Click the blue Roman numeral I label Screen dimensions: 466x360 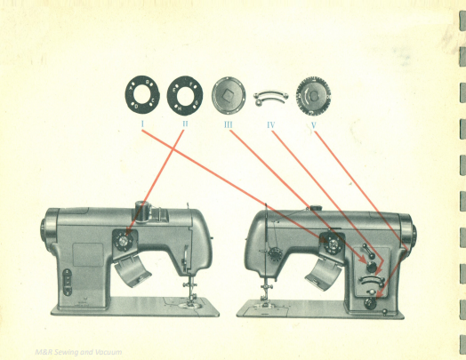pyautogui.click(x=142, y=124)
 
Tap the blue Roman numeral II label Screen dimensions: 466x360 pyautogui.click(x=185, y=124)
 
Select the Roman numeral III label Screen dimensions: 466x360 pyautogui.click(x=228, y=124)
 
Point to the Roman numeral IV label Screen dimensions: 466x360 pyautogui.click(x=270, y=125)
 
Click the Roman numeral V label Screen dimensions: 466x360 pyautogui.click(x=314, y=125)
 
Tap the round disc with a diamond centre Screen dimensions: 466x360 pyautogui.click(x=229, y=95)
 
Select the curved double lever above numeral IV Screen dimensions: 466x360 pyautogui.click(x=270, y=96)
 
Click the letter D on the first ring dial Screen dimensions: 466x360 pyautogui.click(x=136, y=107)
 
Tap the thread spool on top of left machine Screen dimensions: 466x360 pyautogui.click(x=142, y=211)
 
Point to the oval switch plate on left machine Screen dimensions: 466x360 pyautogui.click(x=68, y=282)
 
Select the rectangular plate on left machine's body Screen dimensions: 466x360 pyautogui.click(x=88, y=254)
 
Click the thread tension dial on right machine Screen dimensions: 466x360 pyautogui.click(x=275, y=254)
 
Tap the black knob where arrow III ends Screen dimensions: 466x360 pyautogui.click(x=372, y=267)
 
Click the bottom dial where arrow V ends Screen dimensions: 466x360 pyautogui.click(x=370, y=303)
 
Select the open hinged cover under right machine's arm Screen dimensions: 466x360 pyautogui.click(x=324, y=274)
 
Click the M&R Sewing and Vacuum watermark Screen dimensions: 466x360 pyautogui.click(x=78, y=352)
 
